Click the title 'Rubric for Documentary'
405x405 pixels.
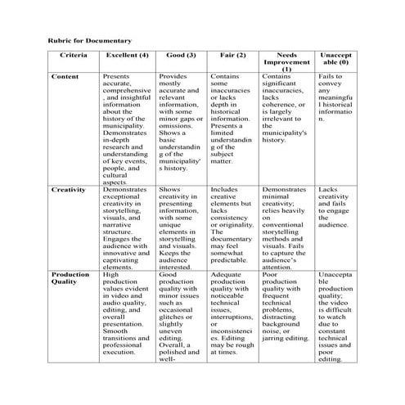88,39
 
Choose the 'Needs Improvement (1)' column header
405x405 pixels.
286,61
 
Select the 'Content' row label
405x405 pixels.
65,76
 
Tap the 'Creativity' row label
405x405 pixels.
68,189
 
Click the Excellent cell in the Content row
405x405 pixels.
126,128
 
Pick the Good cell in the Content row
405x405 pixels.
181,121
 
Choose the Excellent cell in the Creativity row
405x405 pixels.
126,227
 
